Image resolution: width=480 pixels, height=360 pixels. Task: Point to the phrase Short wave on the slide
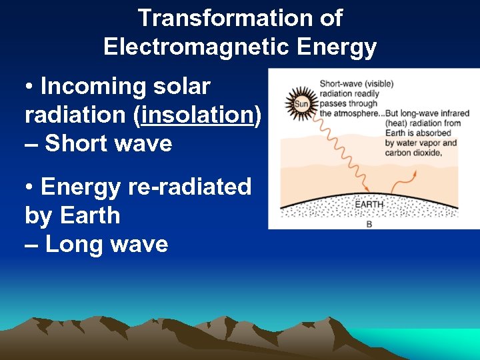(x=108, y=143)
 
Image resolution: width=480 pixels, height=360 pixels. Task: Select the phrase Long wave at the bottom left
(x=107, y=244)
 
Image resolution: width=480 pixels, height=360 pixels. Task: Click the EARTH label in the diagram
(x=369, y=204)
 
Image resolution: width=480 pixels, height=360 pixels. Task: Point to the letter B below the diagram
(x=369, y=225)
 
